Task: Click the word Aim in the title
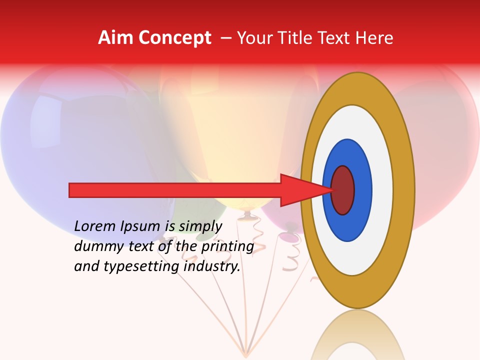point(115,38)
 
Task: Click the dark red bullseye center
point(343,190)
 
